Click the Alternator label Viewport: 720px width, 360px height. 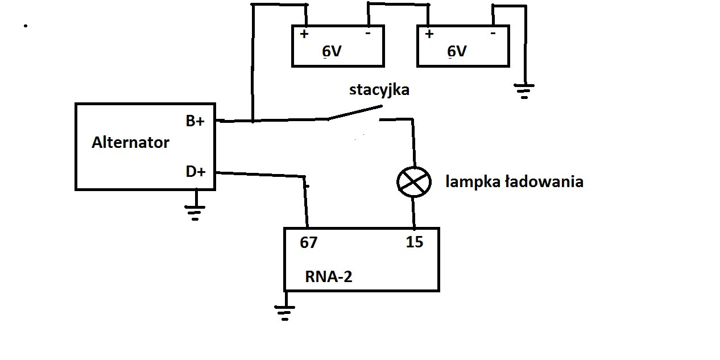coord(130,142)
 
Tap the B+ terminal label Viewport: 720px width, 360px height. coord(195,121)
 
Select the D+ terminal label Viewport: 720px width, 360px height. coord(195,171)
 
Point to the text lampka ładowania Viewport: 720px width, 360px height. coord(514,182)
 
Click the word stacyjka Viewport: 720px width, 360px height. coord(379,90)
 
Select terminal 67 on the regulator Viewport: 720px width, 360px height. coord(309,243)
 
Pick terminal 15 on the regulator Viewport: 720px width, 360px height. coord(414,242)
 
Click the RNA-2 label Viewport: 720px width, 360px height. coord(329,277)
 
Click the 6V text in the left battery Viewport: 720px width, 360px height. coord(332,52)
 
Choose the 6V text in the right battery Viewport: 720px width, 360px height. coord(457,52)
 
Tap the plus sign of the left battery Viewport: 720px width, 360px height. coord(304,34)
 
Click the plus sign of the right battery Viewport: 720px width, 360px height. coord(429,34)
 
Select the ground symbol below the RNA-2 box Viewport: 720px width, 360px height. coord(284,312)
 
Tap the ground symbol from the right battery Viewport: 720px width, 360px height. coord(524,90)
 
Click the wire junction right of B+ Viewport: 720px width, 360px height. coord(252,121)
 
